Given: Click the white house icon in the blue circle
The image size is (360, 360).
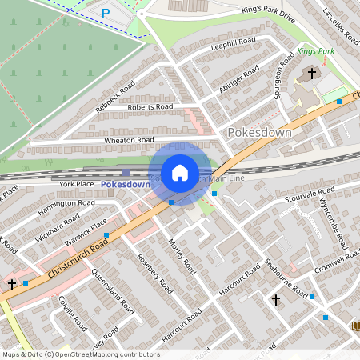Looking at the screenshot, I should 180,173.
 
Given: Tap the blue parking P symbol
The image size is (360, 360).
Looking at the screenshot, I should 106,13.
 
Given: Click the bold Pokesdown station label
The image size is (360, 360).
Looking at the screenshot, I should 126,185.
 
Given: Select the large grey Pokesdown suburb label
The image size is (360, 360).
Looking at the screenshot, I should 259,132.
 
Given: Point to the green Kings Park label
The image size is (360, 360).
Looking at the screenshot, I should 314,51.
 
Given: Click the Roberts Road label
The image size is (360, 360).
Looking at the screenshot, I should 150,106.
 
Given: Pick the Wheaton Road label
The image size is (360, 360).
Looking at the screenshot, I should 130,140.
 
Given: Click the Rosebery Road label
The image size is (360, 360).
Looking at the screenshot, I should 155,274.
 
